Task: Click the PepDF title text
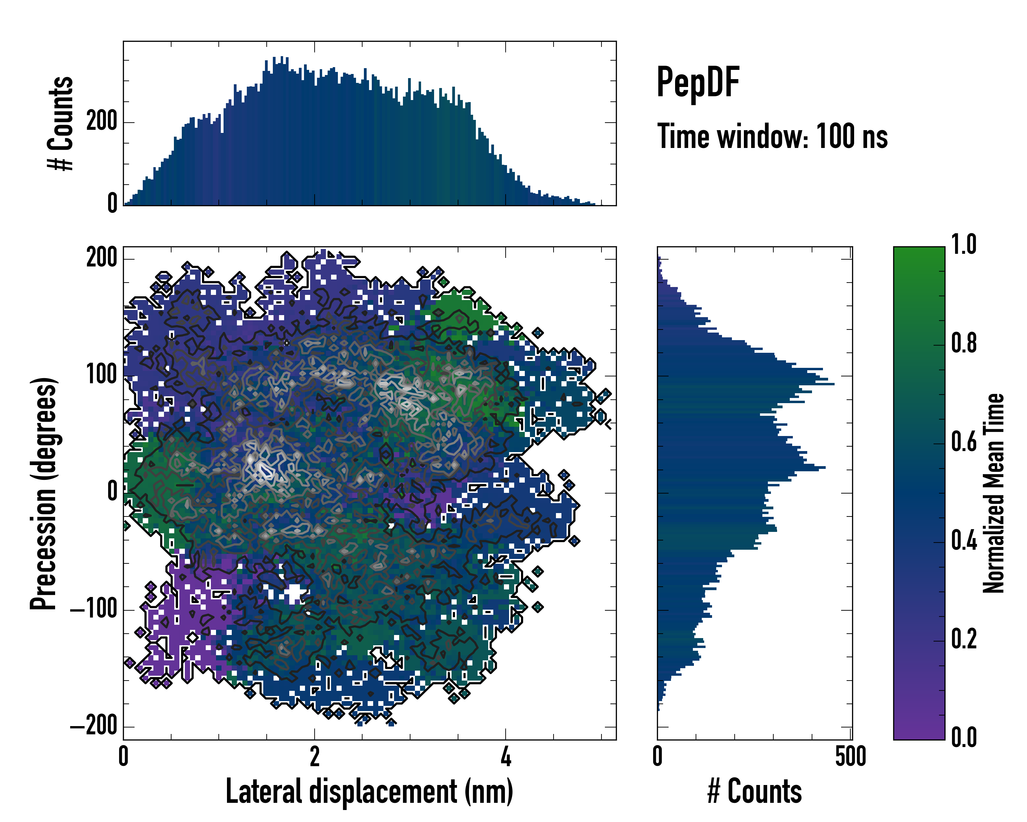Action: pyautogui.click(x=698, y=83)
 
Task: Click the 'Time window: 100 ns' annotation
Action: pyautogui.click(x=772, y=137)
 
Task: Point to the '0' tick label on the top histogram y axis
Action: pyautogui.click(x=112, y=203)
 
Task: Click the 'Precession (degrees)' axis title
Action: pyautogui.click(x=44, y=493)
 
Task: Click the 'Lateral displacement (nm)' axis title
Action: pyautogui.click(x=369, y=791)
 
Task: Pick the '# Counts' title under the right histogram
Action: pyautogui.click(x=755, y=791)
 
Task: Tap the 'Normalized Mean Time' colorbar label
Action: pyautogui.click(x=994, y=493)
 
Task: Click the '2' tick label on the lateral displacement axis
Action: pyautogui.click(x=314, y=757)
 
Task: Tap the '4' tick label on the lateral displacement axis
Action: pyautogui.click(x=506, y=757)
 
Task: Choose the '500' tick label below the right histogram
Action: pyautogui.click(x=850, y=757)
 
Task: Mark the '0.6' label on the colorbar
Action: pyautogui.click(x=964, y=442)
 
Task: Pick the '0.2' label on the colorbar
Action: pyautogui.click(x=964, y=639)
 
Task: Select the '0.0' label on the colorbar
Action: pyautogui.click(x=964, y=738)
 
